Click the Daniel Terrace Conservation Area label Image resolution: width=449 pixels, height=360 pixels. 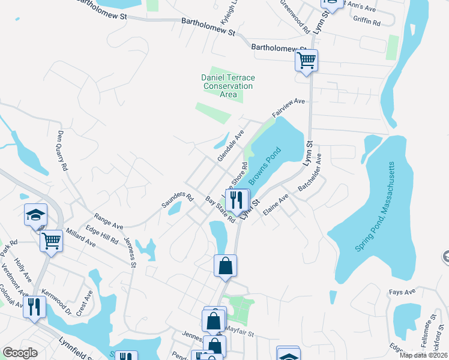coord(228,86)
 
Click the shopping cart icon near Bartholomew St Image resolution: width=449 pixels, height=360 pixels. coord(306,61)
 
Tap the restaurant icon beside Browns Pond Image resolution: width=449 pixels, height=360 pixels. coord(237,200)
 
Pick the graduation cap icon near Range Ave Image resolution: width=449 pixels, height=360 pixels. coord(35,214)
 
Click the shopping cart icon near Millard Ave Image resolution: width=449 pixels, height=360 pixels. coord(51,241)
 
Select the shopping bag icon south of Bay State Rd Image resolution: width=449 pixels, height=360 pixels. coord(225,265)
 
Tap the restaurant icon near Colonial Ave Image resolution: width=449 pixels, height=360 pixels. coord(34,307)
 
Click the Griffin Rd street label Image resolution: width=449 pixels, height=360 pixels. coord(367,23)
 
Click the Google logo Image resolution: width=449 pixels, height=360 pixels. coord(20,353)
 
